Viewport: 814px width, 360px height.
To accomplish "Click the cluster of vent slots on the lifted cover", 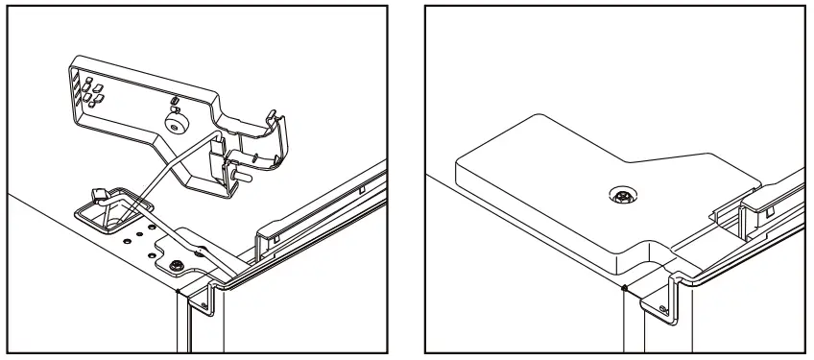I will pyautogui.click(x=92, y=91).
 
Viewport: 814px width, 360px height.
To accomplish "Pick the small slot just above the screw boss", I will pyautogui.click(x=174, y=101).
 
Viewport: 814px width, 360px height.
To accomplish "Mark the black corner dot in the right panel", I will pyautogui.click(x=625, y=287).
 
